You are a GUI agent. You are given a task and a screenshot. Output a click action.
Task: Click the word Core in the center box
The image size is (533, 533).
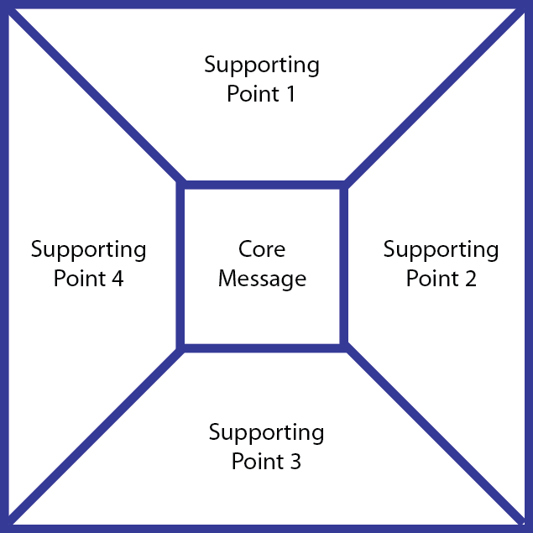pyautogui.click(x=262, y=249)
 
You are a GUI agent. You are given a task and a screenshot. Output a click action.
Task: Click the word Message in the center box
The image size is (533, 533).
pyautogui.click(x=262, y=279)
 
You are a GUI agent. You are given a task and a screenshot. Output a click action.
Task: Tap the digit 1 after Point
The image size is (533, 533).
pyautogui.click(x=290, y=94)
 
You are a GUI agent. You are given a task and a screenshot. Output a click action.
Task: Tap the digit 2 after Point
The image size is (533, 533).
pyautogui.click(x=470, y=279)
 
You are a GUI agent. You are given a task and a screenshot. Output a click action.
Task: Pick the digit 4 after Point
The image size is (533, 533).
pyautogui.click(x=118, y=279)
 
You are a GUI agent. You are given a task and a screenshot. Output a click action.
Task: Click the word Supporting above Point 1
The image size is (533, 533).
pyautogui.click(x=262, y=65)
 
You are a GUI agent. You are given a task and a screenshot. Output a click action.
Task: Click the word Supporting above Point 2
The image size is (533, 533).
pyautogui.click(x=441, y=250)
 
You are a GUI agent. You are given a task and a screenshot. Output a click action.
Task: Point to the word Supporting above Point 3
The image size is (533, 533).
pyautogui.click(x=266, y=434)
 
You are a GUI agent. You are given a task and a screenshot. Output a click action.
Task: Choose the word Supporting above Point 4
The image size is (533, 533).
pyautogui.click(x=88, y=250)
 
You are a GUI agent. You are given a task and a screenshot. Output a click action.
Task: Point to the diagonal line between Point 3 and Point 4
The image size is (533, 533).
pyautogui.click(x=97, y=434)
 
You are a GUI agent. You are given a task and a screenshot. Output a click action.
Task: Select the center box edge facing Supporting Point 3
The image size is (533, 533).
pyautogui.click(x=262, y=346)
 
